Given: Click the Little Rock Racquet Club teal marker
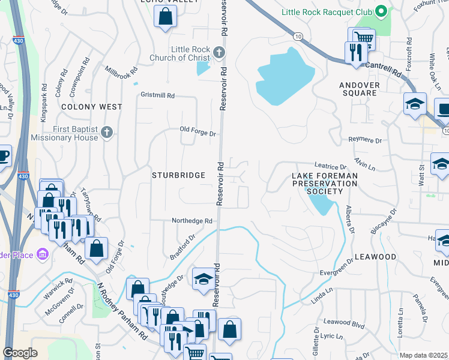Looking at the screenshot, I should pyautogui.click(x=380, y=11).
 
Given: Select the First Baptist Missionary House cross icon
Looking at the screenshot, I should pyautogui.click(x=107, y=133).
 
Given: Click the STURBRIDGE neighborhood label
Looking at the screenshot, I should pyautogui.click(x=178, y=175).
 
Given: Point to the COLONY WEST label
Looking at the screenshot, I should pyautogui.click(x=92, y=107).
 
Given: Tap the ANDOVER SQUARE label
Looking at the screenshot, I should pyautogui.click(x=361, y=89).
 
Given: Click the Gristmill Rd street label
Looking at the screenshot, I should pyautogui.click(x=157, y=95).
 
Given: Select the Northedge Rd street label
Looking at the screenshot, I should pyautogui.click(x=192, y=221).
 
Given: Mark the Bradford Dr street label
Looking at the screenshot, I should pyautogui.click(x=182, y=247).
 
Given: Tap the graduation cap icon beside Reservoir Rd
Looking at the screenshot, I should pyautogui.click(x=204, y=278).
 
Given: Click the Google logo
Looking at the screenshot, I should pyautogui.click(x=20, y=353).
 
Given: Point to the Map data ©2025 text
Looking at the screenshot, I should pyautogui.click(x=423, y=355).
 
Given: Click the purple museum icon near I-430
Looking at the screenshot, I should pyautogui.click(x=42, y=255).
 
